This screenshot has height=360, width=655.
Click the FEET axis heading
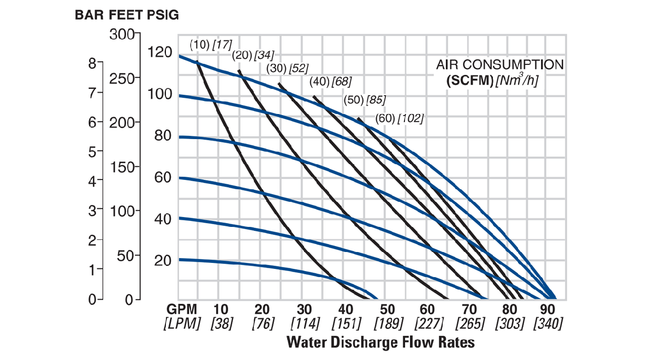[x=122, y=15]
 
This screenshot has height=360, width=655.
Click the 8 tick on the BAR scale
[x=92, y=63]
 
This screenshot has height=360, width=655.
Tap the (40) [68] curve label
[x=330, y=82]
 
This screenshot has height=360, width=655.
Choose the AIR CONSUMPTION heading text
[x=499, y=65]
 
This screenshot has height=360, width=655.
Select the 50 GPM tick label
[x=388, y=308]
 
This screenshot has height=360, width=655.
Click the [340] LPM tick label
[x=548, y=323]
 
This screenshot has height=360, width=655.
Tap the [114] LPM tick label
[x=305, y=323]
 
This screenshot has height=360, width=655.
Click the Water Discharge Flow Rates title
[x=381, y=343]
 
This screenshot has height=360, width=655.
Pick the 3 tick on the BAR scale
[x=92, y=210]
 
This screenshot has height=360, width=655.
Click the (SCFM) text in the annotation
[x=469, y=81]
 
